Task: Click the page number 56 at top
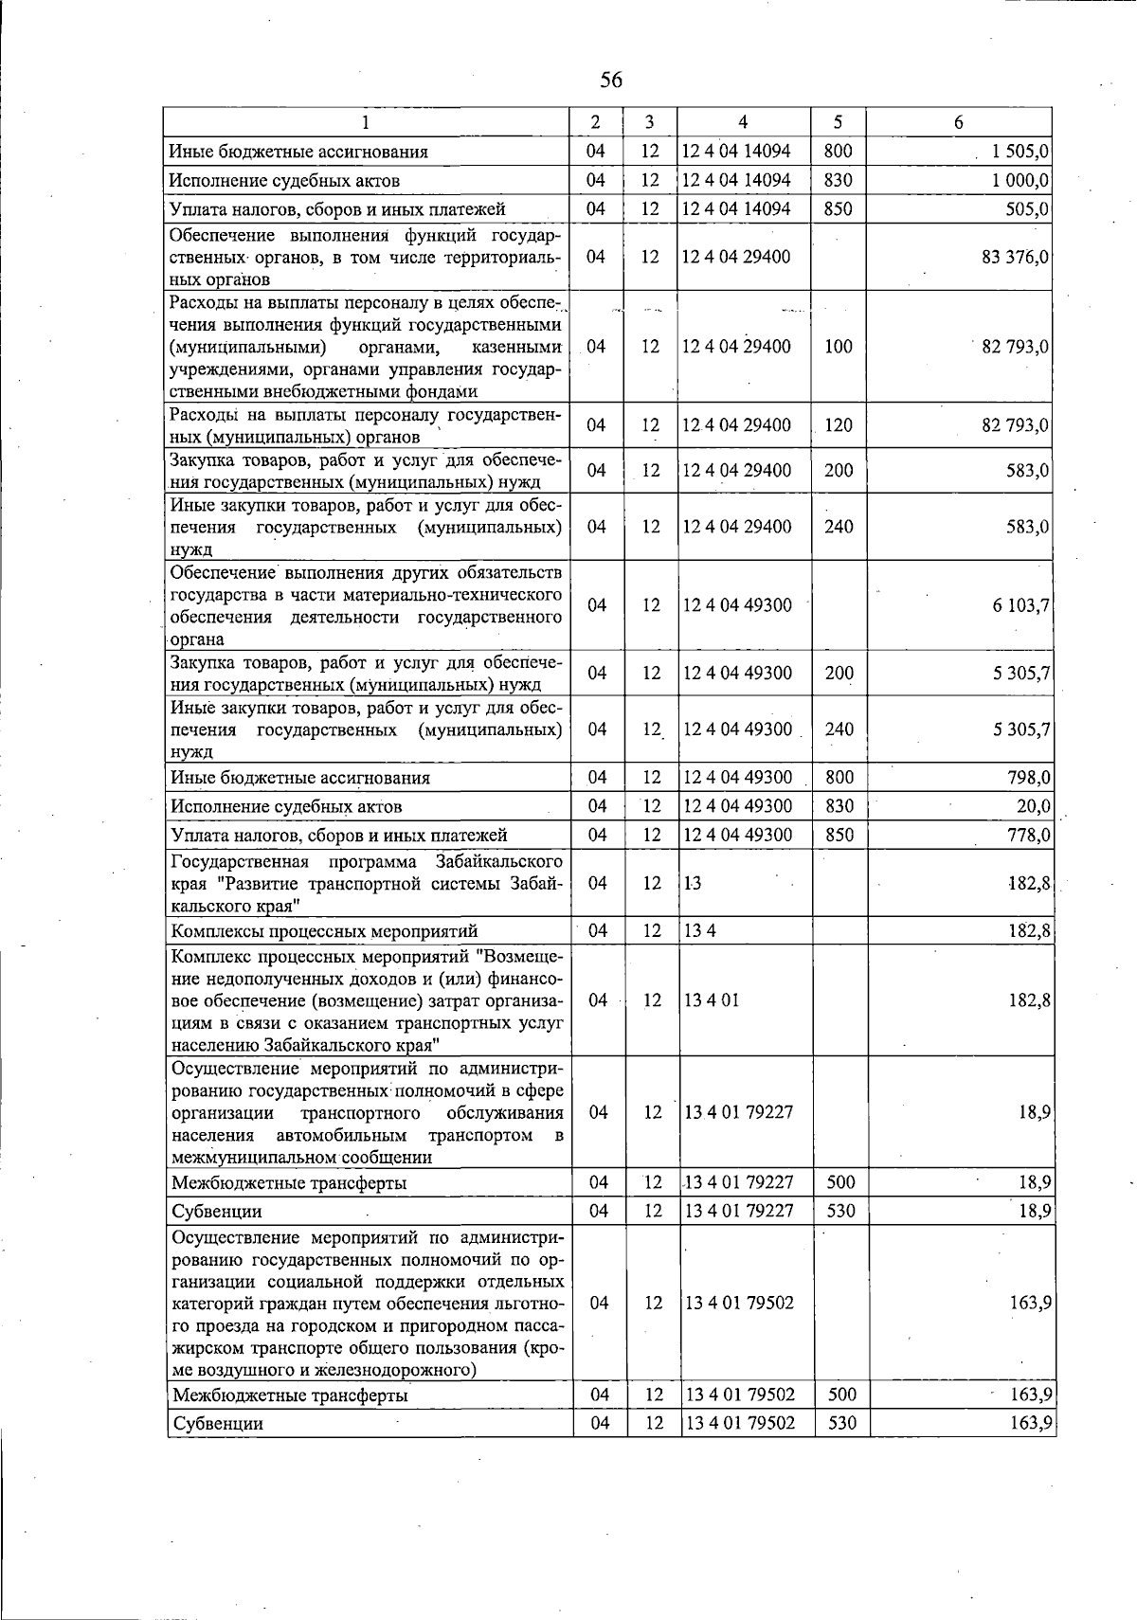611,81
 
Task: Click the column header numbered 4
743,122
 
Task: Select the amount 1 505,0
1020,152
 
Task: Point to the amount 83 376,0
1015,257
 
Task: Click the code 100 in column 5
838,347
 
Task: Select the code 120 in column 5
838,425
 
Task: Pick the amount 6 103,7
1020,605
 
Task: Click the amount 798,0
1028,778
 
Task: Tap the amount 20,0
1034,806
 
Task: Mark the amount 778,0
1028,835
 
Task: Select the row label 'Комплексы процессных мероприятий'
324,931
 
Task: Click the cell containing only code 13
693,883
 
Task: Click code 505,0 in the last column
1028,208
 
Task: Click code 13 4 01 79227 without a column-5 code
739,1112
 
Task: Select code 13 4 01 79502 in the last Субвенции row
739,1423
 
